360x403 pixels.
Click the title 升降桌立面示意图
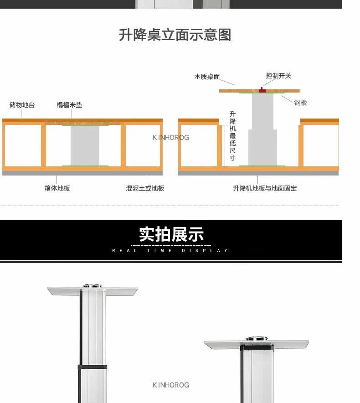175,35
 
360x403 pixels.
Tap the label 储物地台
22,105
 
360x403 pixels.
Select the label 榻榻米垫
69,105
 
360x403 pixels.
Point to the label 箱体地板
57,188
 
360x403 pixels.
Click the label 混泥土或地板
145,188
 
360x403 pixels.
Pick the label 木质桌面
207,77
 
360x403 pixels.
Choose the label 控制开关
278,76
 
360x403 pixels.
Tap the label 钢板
301,103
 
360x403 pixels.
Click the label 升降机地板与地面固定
265,188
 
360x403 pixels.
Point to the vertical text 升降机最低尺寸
232,136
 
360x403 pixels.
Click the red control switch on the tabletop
262,90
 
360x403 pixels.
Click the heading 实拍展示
171,234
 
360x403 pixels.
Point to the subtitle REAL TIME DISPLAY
170,250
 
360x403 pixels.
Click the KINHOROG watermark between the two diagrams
170,137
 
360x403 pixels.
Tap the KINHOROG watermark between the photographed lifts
170,385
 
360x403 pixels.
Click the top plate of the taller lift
93,290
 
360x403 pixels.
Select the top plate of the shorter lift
256,343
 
